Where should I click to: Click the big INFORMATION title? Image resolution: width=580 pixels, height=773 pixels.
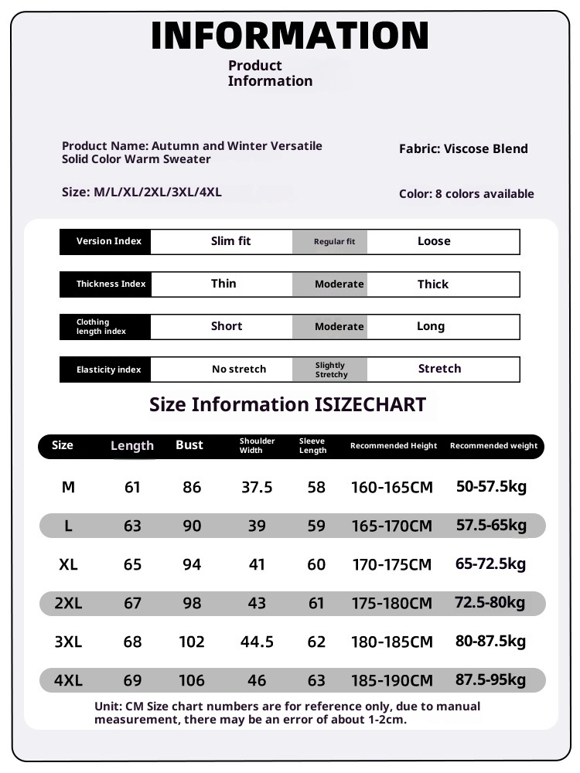pyautogui.click(x=290, y=36)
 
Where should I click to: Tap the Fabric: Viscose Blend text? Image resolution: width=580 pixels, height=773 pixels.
pyautogui.click(x=463, y=148)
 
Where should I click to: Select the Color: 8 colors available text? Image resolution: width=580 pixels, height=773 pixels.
pyautogui.click(x=466, y=194)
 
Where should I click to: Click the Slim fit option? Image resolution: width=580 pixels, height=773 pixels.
pyautogui.click(x=230, y=241)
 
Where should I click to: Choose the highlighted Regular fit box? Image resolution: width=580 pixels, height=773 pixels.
pyautogui.click(x=334, y=242)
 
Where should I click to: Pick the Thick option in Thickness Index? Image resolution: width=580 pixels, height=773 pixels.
pyautogui.click(x=432, y=284)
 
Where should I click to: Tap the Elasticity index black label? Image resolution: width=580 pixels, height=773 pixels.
pyautogui.click(x=108, y=369)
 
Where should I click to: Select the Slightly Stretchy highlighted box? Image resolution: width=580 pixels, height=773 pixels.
pyautogui.click(x=331, y=369)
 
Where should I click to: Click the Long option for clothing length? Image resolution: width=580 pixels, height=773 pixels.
pyautogui.click(x=430, y=326)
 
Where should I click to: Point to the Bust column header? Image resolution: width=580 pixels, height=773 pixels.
pyautogui.click(x=189, y=445)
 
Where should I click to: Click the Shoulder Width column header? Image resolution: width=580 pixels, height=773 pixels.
pyautogui.click(x=257, y=445)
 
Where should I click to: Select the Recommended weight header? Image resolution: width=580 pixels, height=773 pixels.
pyautogui.click(x=493, y=445)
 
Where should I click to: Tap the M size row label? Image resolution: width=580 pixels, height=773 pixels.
pyautogui.click(x=68, y=487)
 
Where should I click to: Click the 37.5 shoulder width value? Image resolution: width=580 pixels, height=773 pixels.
pyautogui.click(x=257, y=487)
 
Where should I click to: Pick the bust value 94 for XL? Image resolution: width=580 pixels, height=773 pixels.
pyautogui.click(x=191, y=564)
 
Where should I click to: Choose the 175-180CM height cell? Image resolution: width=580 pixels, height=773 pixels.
pyautogui.click(x=392, y=603)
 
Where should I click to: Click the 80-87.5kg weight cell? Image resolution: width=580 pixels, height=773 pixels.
pyautogui.click(x=490, y=641)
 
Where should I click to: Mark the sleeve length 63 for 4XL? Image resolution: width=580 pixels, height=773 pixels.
pyautogui.click(x=316, y=680)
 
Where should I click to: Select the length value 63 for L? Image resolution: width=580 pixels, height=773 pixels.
pyautogui.click(x=132, y=526)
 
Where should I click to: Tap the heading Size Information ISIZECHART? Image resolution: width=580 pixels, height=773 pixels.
pyautogui.click(x=287, y=404)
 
